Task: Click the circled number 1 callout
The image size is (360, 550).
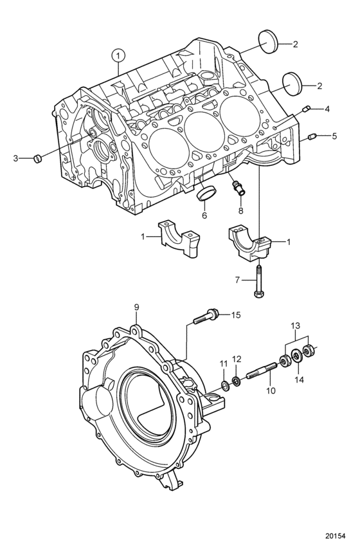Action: point(118,55)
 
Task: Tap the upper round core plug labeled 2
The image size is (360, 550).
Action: point(268,42)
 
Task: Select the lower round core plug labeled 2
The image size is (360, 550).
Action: point(292,84)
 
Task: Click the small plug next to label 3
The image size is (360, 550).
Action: point(37,158)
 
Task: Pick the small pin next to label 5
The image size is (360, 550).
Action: point(312,136)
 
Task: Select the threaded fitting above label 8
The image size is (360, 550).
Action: point(238,187)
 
